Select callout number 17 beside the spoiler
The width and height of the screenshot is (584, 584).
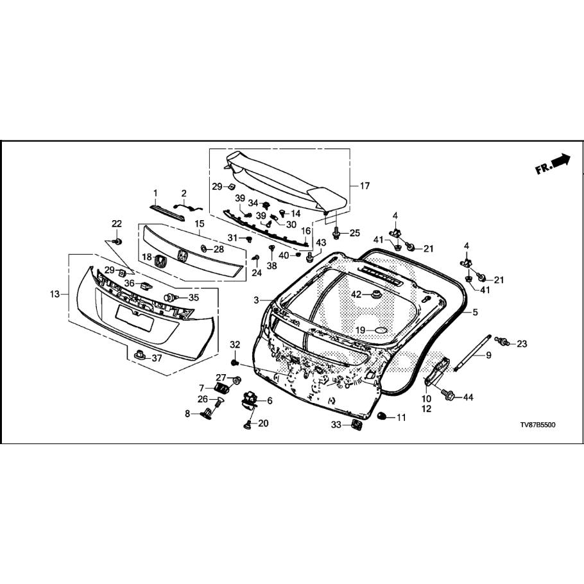365,186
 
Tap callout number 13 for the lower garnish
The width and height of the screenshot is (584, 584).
55,294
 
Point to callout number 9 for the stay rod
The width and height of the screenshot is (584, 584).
488,355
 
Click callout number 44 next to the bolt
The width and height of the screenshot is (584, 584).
468,398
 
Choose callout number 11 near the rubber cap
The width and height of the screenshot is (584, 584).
401,417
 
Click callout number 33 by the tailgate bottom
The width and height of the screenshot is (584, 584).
336,424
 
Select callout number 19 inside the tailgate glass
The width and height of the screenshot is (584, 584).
360,330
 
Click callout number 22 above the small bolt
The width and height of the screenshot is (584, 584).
117,223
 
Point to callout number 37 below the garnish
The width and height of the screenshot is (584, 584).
157,358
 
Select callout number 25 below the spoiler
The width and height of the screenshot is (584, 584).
355,232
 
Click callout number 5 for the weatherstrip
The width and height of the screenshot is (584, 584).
476,313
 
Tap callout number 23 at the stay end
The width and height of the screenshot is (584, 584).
521,344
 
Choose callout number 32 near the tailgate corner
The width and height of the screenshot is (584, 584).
234,345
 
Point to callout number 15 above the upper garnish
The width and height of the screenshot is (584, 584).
200,223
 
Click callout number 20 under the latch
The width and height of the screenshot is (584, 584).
264,423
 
